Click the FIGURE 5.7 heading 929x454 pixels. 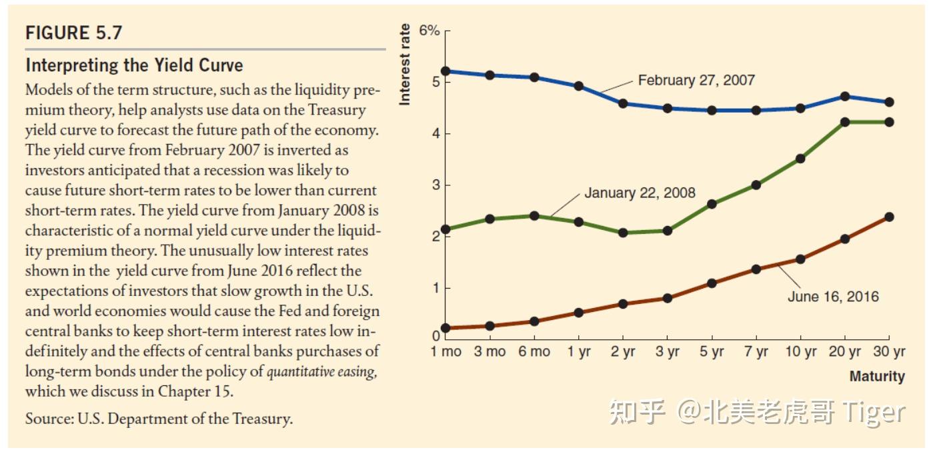click(x=73, y=33)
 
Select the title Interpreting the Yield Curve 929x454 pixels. click(x=134, y=65)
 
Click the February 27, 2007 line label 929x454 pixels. click(x=696, y=80)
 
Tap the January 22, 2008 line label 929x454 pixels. click(x=640, y=193)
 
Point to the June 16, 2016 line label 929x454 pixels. click(x=833, y=297)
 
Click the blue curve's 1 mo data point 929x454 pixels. click(x=446, y=71)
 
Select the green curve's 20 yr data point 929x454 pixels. click(x=845, y=122)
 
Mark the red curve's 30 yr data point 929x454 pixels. click(x=889, y=217)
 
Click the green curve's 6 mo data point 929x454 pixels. click(x=534, y=215)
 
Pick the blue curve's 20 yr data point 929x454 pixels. click(x=845, y=96)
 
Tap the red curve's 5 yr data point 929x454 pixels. click(x=712, y=283)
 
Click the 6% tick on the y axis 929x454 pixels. click(x=429, y=31)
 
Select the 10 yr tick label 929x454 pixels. click(x=800, y=352)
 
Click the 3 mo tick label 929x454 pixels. click(x=490, y=352)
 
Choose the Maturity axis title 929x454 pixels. click(x=877, y=376)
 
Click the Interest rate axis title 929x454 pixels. click(x=405, y=64)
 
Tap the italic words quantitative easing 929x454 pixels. click(x=321, y=371)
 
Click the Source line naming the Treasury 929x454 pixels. click(x=159, y=419)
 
